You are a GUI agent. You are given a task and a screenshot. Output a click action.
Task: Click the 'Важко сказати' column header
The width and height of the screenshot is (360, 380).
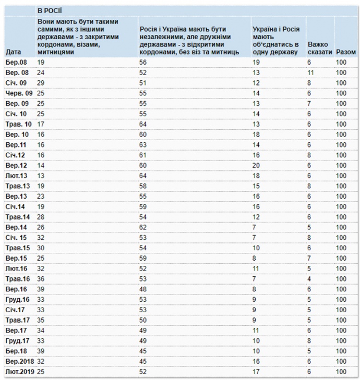[319, 48]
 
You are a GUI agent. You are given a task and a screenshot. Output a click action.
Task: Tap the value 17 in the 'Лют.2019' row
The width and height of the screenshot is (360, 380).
[256, 372]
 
